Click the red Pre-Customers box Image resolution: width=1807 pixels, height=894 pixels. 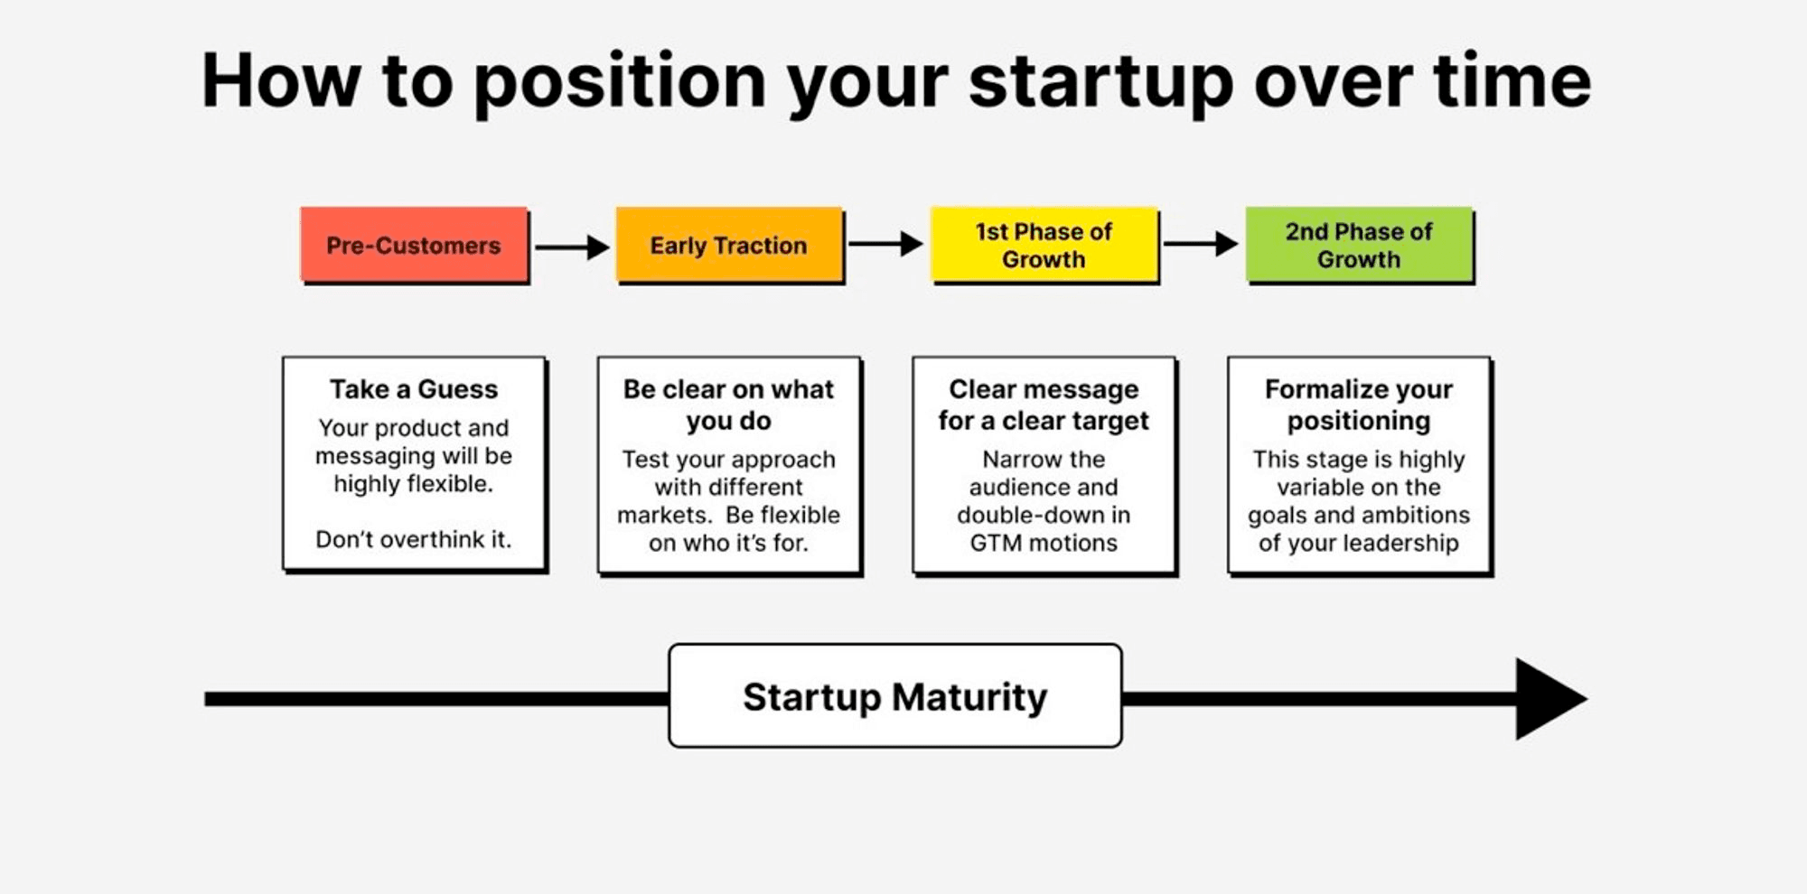coord(415,245)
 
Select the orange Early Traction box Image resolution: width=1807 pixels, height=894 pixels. coord(730,245)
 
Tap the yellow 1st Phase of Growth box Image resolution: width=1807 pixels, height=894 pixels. coord(1044,245)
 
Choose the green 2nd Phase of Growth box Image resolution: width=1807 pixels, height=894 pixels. coord(1360,245)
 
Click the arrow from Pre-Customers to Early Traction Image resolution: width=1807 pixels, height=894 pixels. coord(572,247)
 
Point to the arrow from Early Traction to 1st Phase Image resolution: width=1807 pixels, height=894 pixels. coord(885,244)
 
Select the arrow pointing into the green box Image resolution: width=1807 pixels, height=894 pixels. coord(1201,244)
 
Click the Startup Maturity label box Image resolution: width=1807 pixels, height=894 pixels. coord(895,695)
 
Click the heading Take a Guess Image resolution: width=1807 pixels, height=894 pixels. coord(414,389)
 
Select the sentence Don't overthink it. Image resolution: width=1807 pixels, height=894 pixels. coord(414,539)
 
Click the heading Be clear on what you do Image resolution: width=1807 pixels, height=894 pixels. coord(729,405)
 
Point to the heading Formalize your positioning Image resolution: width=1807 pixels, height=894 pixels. coord(1359,405)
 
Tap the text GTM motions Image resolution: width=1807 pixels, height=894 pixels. coord(1044,543)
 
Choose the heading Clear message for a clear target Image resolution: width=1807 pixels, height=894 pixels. coord(1044,405)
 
